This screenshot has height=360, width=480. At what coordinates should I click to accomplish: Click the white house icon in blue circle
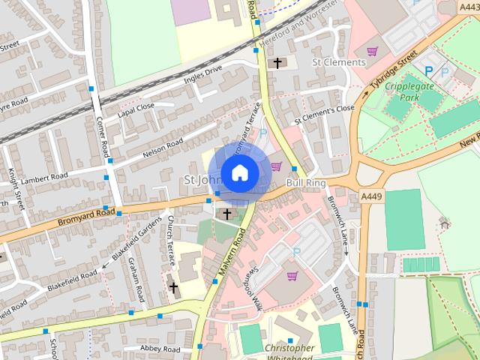click(239, 173)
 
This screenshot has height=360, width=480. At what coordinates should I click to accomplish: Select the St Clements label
click(338, 62)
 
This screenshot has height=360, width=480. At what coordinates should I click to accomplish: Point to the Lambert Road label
click(44, 178)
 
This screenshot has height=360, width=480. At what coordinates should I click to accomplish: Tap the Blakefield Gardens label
click(137, 238)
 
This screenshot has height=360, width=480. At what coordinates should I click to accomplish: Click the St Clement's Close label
click(323, 113)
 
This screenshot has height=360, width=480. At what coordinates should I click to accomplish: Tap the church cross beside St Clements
click(278, 63)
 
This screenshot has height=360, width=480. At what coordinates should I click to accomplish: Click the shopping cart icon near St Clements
click(372, 51)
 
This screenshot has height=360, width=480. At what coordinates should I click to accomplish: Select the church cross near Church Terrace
click(174, 286)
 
